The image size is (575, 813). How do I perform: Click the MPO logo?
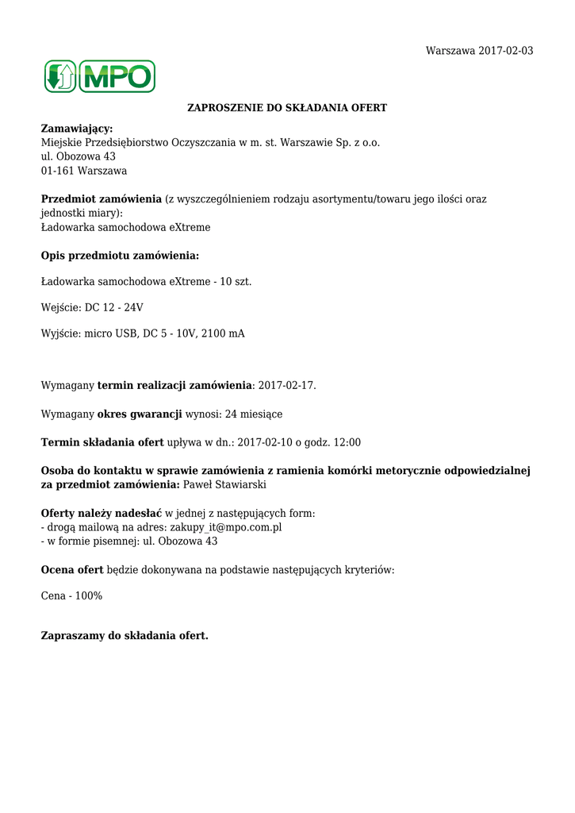click(x=99, y=77)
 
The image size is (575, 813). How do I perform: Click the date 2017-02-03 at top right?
click(x=505, y=51)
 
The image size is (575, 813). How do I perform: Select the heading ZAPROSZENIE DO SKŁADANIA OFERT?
click(x=287, y=107)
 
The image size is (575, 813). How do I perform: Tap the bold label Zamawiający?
click(x=77, y=129)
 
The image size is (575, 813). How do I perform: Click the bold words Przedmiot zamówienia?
click(x=102, y=199)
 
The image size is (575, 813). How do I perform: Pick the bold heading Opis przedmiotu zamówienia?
click(x=120, y=256)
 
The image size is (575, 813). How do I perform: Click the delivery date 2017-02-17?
click(x=286, y=386)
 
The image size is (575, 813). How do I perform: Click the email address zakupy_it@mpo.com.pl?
click(x=226, y=527)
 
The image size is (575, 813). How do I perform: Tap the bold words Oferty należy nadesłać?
click(x=102, y=514)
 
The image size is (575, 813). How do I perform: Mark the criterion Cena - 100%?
click(x=71, y=595)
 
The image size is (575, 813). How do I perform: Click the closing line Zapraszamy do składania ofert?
click(x=125, y=636)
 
